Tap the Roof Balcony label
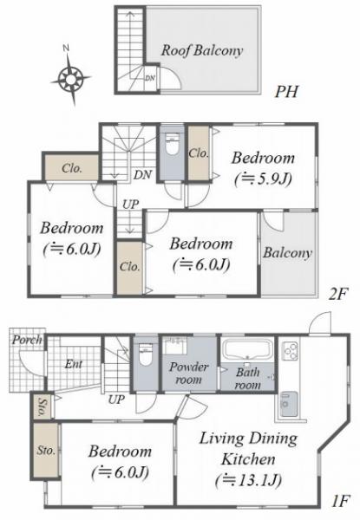(202, 50)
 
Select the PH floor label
(286, 91)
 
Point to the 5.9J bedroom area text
(263, 179)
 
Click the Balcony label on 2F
(288, 253)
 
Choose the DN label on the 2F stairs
(142, 175)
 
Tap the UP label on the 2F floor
(130, 204)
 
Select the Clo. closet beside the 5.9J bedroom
(199, 153)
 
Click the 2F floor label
(338, 294)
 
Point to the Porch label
(28, 340)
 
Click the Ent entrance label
(74, 364)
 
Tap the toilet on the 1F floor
(146, 354)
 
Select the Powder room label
(188, 373)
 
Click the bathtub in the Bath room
(247, 349)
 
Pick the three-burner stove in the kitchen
(291, 351)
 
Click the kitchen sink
(289, 404)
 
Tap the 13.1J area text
(248, 480)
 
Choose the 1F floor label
(341, 501)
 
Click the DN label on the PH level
(150, 78)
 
